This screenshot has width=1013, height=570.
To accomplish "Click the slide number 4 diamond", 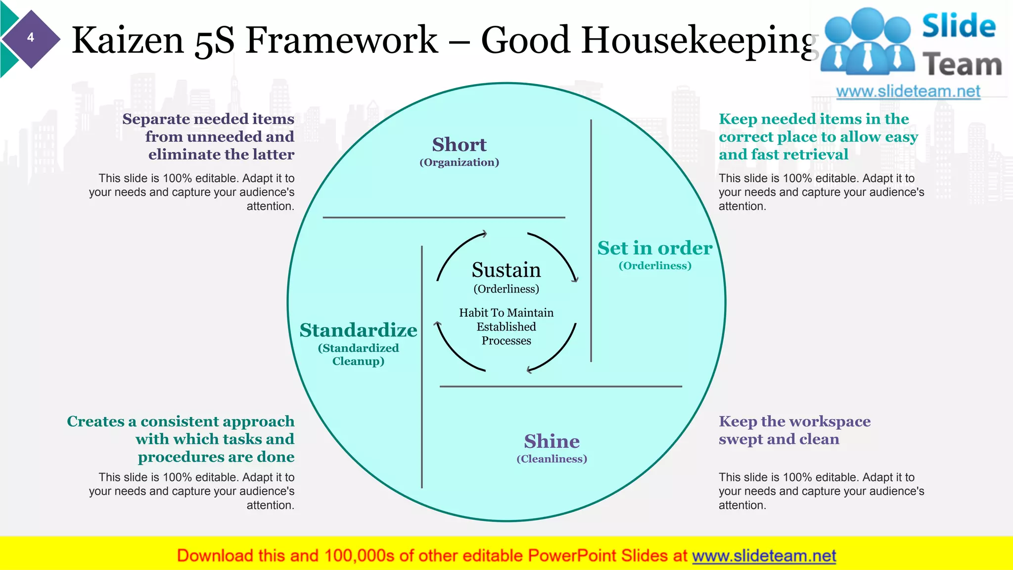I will [31, 38].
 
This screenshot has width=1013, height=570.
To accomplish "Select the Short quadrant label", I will [459, 144].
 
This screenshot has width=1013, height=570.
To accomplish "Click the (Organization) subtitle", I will [459, 162].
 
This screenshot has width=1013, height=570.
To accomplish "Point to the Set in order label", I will [654, 248].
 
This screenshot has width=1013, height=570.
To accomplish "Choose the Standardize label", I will [358, 330].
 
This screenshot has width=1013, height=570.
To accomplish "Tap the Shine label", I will [552, 441].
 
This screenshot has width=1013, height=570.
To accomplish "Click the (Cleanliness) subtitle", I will [552, 459].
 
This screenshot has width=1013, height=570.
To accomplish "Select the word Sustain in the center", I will [506, 270].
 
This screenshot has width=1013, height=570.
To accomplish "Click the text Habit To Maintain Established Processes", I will [506, 327].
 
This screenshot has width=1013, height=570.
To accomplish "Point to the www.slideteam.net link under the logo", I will [908, 92].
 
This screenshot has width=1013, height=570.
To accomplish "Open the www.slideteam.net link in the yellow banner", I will [764, 556].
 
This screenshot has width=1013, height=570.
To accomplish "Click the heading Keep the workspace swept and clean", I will [794, 430].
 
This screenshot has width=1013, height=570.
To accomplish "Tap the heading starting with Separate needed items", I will [208, 137].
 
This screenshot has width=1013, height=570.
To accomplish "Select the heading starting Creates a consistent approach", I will [181, 439].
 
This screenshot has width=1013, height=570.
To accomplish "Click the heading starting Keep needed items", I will [818, 137].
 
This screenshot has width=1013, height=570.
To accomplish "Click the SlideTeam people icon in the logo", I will [868, 42].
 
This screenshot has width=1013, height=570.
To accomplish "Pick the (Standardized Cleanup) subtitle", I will [358, 354].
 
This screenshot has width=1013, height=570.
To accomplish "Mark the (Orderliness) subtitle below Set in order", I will [654, 266].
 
